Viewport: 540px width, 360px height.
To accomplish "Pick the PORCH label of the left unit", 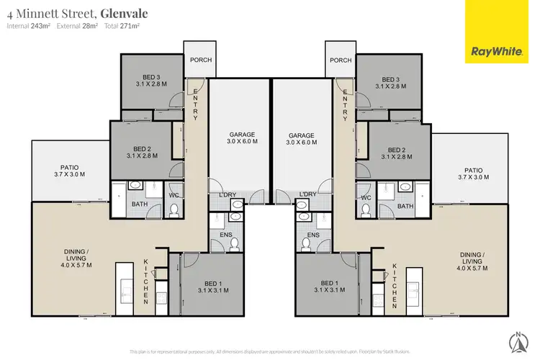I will (x=200, y=60).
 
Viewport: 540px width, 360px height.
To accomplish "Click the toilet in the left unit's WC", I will (x=174, y=210).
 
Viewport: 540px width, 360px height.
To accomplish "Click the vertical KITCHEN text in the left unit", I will (x=146, y=282).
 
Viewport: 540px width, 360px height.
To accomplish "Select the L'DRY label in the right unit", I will (x=307, y=194).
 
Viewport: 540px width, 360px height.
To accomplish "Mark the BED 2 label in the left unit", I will (x=141, y=151).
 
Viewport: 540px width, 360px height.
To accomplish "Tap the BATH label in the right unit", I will (x=405, y=206).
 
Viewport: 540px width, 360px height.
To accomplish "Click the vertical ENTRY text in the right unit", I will (x=346, y=104).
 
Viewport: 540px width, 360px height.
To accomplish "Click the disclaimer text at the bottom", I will (x=270, y=351).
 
